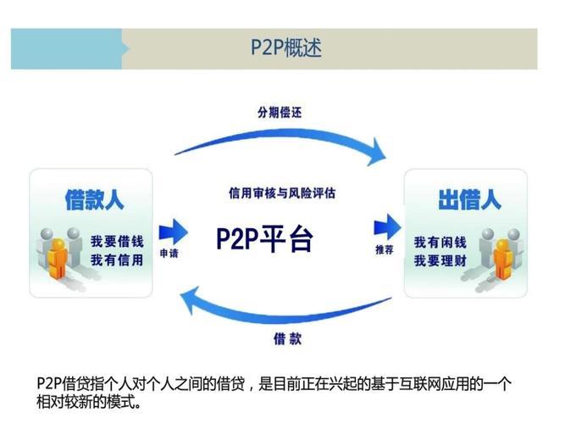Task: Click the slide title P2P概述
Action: click(285, 47)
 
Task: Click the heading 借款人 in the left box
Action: click(94, 199)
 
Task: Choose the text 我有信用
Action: click(117, 259)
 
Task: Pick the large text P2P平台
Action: click(265, 238)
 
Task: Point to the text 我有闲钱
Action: click(439, 242)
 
